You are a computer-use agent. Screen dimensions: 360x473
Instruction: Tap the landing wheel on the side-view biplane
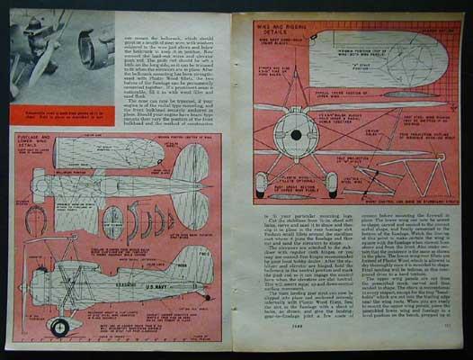59,326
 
